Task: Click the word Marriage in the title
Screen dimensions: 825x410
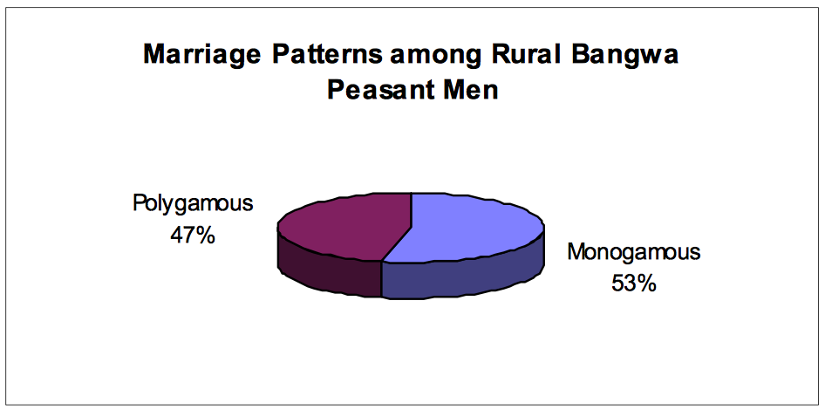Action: pos(202,55)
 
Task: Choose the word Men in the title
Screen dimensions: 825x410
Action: pos(467,90)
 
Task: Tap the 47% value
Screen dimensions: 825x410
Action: pos(193,236)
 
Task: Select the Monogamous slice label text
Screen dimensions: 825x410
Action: pos(634,254)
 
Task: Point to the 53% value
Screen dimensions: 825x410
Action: pos(634,284)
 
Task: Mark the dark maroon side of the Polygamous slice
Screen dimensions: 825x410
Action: pos(326,269)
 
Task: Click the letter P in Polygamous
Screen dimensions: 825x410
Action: pos(139,202)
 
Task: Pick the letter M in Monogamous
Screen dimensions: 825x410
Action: pos(577,252)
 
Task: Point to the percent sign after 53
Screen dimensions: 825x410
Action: pos(648,284)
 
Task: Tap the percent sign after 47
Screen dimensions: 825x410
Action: pos(206,236)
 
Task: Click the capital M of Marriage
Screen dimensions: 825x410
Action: pos(155,55)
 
